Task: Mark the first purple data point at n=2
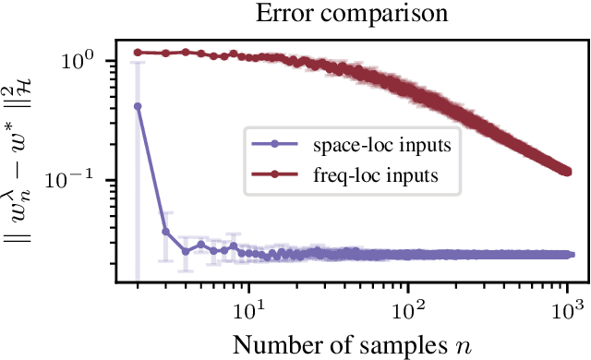click(x=138, y=106)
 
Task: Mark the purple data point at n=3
click(x=166, y=232)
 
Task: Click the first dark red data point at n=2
click(x=138, y=53)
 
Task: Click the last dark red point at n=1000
click(x=566, y=171)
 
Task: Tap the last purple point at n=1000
click(x=566, y=254)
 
